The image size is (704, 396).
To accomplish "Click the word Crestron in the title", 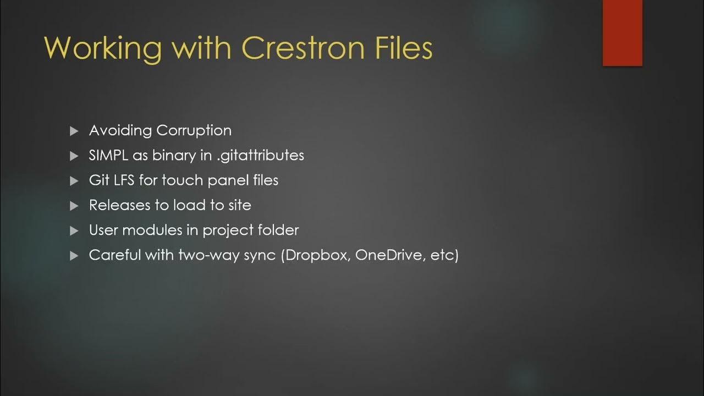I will click(x=302, y=48).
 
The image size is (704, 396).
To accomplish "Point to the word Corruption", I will click(x=194, y=131).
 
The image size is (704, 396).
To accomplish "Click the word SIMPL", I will click(x=108, y=155).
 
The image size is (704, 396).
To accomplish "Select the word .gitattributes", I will click(x=260, y=156).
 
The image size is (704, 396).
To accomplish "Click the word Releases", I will click(x=119, y=205).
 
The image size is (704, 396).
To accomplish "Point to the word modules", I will click(x=156, y=230).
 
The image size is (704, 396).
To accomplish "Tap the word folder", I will click(x=280, y=230).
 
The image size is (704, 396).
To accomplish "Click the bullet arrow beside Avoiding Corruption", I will click(x=75, y=131).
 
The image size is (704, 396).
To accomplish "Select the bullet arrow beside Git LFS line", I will click(x=75, y=181).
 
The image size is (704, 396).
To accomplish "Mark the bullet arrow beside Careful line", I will click(x=75, y=256).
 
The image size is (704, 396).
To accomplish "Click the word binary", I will click(x=174, y=156).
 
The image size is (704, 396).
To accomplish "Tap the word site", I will click(x=240, y=205).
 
